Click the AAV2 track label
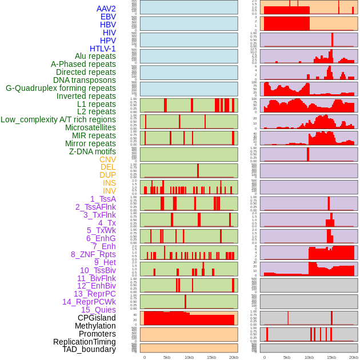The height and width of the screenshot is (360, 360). (x=106, y=9)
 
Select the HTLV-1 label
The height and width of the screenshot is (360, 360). (x=103, y=49)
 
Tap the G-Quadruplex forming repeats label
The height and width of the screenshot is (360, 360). (x=61, y=88)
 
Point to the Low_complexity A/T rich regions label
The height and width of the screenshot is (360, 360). (x=58, y=119)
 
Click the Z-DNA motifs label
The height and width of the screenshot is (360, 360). (x=93, y=151)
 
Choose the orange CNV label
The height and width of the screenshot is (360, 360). (x=107, y=159)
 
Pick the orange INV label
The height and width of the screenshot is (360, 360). (x=109, y=191)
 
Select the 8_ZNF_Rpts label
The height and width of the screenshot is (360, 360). (x=93, y=254)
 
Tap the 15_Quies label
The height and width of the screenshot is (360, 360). (x=98, y=310)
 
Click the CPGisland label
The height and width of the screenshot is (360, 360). (x=97, y=318)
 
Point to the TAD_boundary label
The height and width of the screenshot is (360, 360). (x=89, y=349)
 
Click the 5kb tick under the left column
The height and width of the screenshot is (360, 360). (x=167, y=357)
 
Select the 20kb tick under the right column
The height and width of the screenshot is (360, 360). (x=354, y=357)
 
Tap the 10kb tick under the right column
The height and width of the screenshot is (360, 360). (x=309, y=357)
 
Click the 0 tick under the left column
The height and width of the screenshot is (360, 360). (x=145, y=357)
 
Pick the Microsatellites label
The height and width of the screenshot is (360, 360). (x=90, y=127)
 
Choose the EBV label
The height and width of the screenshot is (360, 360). (x=108, y=17)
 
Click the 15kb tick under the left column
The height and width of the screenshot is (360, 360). (x=211, y=357)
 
